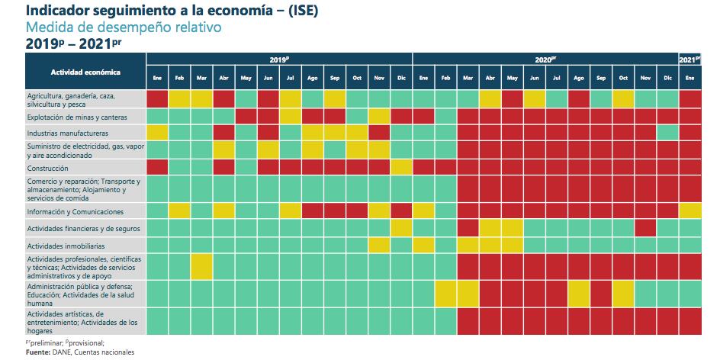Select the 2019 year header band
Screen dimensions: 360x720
[279, 59]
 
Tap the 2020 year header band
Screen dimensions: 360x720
[545, 59]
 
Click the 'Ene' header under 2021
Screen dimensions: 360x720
[690, 78]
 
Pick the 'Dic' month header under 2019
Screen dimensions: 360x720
[401, 78]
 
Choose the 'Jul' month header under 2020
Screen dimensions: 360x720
[557, 78]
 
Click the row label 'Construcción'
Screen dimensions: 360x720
[48, 168]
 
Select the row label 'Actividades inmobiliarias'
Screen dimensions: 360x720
[66, 246]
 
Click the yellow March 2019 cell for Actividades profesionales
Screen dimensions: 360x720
[201, 266]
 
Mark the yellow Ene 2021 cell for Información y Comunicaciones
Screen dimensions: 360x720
[690, 211]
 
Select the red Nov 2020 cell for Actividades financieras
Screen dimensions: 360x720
[645, 227]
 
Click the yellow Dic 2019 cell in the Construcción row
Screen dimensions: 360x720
[401, 168]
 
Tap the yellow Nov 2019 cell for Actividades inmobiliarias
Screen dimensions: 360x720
[379, 245]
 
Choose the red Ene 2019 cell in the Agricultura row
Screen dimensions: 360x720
[157, 98]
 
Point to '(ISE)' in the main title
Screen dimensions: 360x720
[288, 11]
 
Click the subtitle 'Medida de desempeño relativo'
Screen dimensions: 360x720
[124, 27]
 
